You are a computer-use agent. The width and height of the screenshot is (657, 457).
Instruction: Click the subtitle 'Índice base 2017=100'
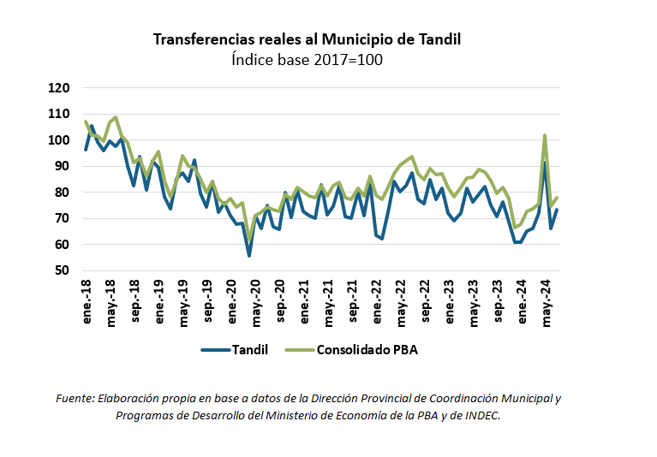tap(308, 60)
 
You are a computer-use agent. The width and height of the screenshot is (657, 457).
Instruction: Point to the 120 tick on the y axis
tap(59, 87)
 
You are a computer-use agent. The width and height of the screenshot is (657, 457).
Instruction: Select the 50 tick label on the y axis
tap(63, 270)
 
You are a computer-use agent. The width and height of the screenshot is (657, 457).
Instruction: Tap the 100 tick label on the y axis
tap(59, 139)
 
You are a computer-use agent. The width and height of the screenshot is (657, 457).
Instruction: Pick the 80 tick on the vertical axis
tap(63, 193)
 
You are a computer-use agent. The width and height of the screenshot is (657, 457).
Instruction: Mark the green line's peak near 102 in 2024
tap(545, 135)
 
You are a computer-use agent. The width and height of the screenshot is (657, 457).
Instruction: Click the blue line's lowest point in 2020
tap(249, 255)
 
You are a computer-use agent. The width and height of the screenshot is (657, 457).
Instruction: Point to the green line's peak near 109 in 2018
tap(116, 117)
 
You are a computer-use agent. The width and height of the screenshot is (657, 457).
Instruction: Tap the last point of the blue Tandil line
tap(557, 210)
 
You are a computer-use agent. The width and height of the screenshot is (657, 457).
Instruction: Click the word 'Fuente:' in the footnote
tap(75, 399)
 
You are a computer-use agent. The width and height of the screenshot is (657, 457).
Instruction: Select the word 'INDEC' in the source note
tap(481, 415)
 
